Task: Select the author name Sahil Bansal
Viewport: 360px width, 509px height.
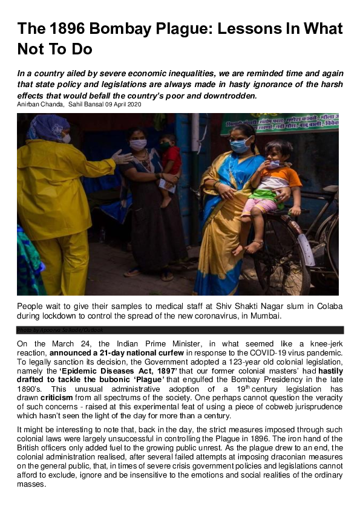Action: [86, 105]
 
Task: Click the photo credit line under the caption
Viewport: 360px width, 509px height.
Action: [61, 330]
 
